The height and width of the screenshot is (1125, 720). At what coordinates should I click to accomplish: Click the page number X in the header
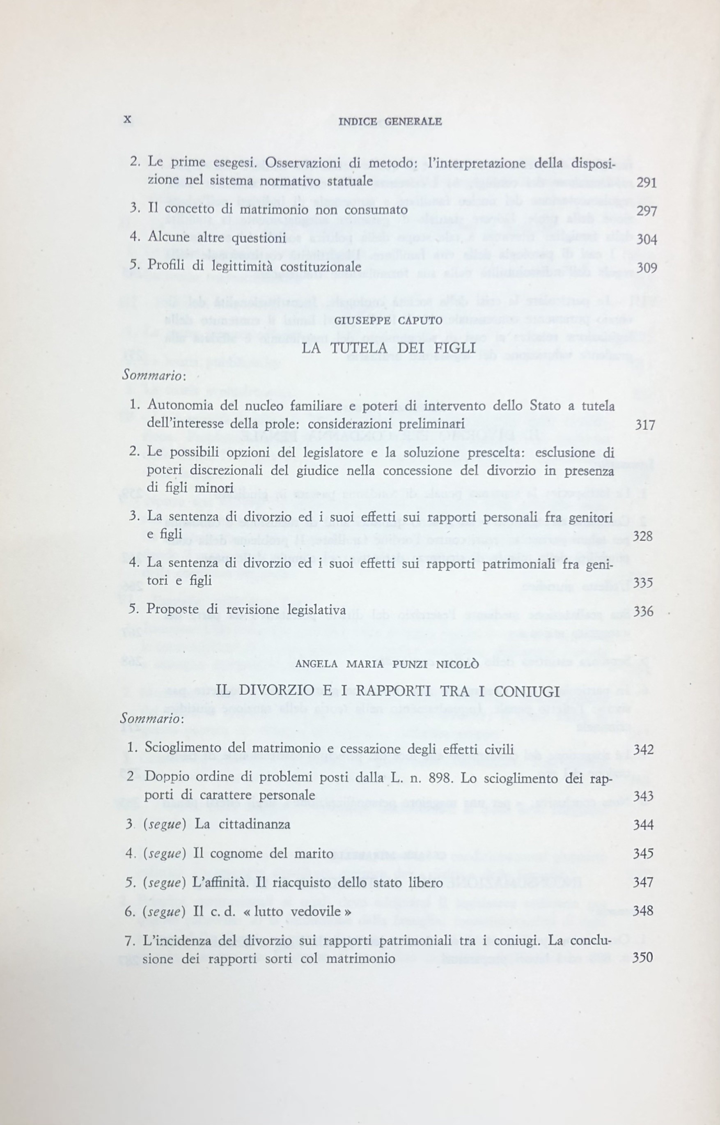[x=127, y=120]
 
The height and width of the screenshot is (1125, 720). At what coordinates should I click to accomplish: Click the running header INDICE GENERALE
[x=390, y=122]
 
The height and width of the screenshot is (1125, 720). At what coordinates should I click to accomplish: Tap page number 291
[x=647, y=183]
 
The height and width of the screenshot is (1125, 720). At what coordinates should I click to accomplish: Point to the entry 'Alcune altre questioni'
[x=216, y=238]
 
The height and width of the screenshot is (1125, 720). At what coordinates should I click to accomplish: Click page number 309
[x=647, y=268]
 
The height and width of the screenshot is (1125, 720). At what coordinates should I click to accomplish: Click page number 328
[x=642, y=536]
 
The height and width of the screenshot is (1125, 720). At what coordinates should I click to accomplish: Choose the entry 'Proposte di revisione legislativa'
[x=246, y=610]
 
